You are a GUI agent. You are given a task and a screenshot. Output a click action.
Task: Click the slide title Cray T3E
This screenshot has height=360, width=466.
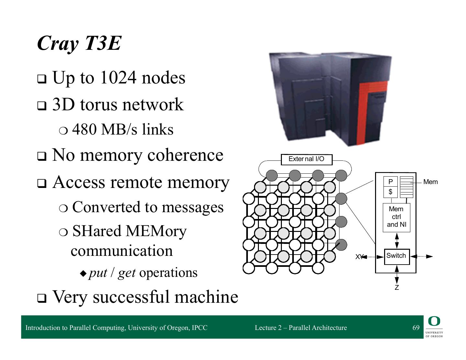click(x=79, y=43)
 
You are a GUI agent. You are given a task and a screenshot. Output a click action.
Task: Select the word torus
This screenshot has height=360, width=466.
click(x=99, y=104)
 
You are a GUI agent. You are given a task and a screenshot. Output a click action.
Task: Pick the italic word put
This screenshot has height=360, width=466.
click(x=98, y=273)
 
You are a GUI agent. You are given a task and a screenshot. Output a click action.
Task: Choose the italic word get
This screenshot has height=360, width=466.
click(x=127, y=273)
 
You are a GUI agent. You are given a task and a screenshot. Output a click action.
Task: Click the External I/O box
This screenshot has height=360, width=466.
click(x=306, y=159)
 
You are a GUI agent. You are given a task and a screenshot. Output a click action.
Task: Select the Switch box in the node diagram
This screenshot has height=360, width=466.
click(x=396, y=256)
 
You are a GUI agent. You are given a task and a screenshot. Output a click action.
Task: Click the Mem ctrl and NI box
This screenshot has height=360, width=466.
click(x=396, y=217)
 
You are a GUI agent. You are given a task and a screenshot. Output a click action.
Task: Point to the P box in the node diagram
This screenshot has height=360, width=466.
click(x=390, y=182)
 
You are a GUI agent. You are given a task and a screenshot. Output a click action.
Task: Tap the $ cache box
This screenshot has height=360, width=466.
click(x=390, y=192)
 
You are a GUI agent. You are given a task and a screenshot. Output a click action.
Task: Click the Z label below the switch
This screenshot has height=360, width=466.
click(x=397, y=288)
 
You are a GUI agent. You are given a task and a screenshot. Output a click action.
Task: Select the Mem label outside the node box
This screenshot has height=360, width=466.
click(x=430, y=182)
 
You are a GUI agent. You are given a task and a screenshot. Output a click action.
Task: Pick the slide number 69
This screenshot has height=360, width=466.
click(x=416, y=328)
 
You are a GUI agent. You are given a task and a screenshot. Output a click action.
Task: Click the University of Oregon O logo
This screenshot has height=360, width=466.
click(x=434, y=321)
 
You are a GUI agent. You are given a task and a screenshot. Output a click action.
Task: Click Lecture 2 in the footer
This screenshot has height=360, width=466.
click(x=268, y=328)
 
